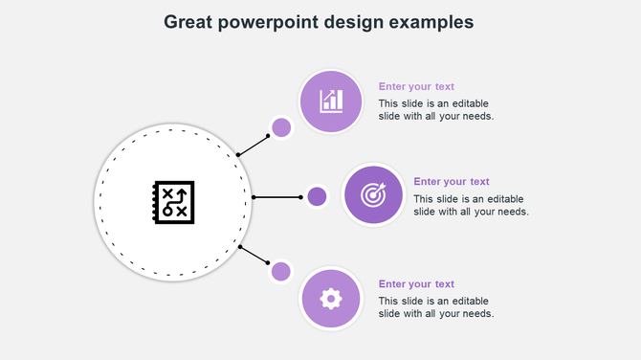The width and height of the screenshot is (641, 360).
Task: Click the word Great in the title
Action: (188, 22)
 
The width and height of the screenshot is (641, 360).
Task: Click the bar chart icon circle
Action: (331, 101)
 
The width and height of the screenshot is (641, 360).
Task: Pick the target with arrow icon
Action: (372, 194)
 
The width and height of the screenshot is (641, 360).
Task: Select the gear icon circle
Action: (331, 299)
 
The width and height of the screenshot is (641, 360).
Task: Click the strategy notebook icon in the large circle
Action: (173, 202)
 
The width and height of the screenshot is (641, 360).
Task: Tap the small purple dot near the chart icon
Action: (281, 127)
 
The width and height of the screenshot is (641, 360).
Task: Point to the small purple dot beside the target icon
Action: (317, 197)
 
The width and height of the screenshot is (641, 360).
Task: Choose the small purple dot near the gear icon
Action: (281, 271)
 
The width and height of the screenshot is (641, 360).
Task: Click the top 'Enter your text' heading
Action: (416, 86)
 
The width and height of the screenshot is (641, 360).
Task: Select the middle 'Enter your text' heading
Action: (452, 181)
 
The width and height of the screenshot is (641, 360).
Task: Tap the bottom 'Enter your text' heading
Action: (416, 283)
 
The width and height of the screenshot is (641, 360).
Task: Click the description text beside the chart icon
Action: (435, 109)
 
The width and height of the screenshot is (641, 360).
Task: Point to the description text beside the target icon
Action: (471, 205)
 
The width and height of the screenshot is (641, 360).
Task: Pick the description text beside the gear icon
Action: (435, 306)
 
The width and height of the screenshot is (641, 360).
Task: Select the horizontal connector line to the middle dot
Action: (277, 197)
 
